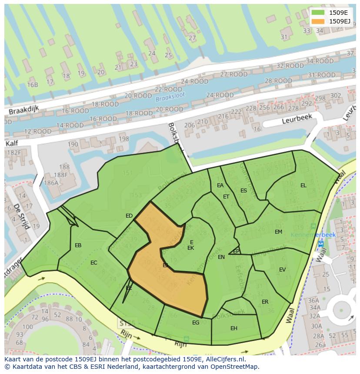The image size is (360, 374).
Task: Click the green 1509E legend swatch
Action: click(318, 13)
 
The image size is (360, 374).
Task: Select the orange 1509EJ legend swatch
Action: click(318, 21)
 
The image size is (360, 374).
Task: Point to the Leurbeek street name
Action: click(297, 119)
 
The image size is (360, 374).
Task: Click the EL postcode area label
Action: click(303, 185)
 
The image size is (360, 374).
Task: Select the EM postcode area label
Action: click(278, 232)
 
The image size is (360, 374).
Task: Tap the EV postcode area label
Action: click(282, 270)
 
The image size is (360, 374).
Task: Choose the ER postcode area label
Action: click(265, 302)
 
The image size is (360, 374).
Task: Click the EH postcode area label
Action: click(234, 328)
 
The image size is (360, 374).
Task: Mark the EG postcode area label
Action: click(196, 323)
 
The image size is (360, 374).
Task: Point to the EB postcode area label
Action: click(78, 245)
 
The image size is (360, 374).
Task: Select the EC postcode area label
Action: click(94, 263)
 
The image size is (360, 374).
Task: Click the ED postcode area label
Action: click(129, 216)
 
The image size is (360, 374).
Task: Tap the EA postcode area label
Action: click(220, 185)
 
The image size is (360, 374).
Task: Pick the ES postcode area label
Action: click(243, 191)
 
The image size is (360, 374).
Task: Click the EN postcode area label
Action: click(221, 257)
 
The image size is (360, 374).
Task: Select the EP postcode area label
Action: click(236, 252)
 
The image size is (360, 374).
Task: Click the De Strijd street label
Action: click(20, 216)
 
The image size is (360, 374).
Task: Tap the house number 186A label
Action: click(51, 183)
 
